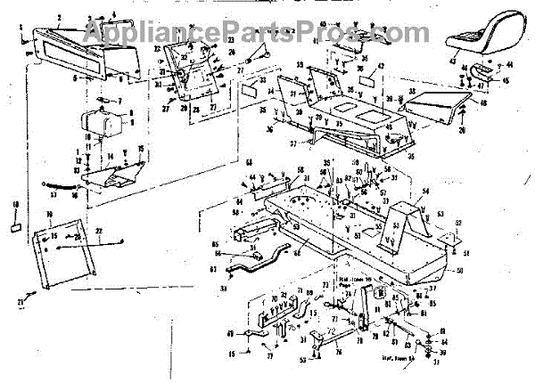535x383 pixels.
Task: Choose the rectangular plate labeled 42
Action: pos(367,79)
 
